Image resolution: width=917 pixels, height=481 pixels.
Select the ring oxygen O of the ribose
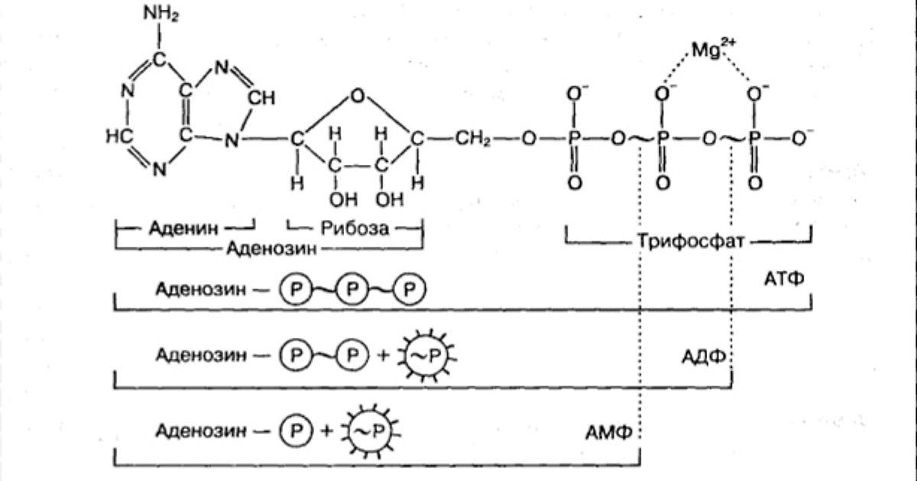click(x=355, y=96)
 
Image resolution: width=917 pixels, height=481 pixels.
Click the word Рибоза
click(x=355, y=228)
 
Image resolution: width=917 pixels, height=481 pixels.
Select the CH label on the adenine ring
click(x=262, y=98)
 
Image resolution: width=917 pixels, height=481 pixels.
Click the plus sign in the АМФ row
click(x=327, y=431)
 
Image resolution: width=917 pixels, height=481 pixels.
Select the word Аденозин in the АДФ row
click(x=200, y=355)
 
